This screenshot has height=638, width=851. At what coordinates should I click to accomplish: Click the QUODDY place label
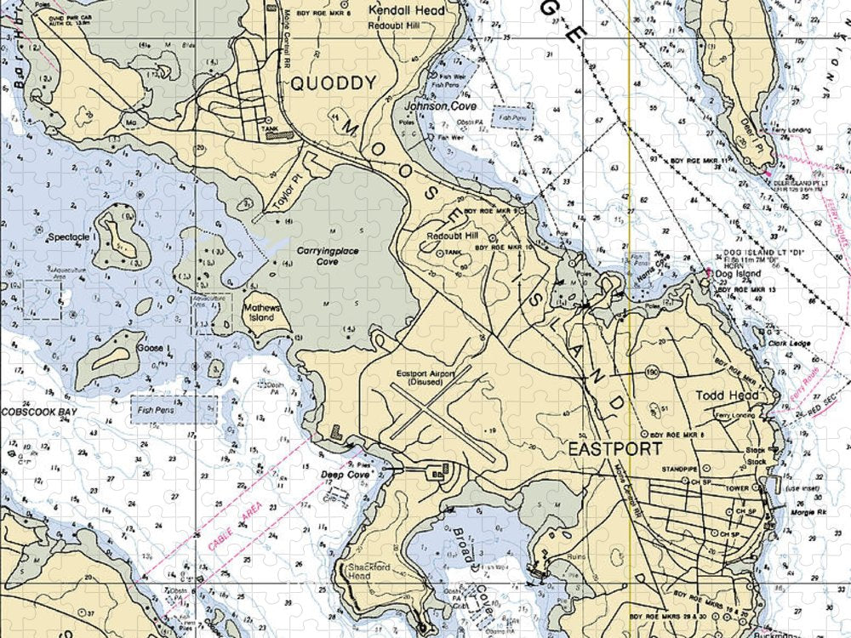(x=333, y=83)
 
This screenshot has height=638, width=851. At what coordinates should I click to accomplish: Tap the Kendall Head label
(x=394, y=10)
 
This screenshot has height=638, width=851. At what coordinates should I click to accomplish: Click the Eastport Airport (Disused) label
(x=425, y=378)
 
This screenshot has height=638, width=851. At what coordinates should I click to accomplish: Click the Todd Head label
(x=722, y=396)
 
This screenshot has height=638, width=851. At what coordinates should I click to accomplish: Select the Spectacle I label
(x=72, y=237)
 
